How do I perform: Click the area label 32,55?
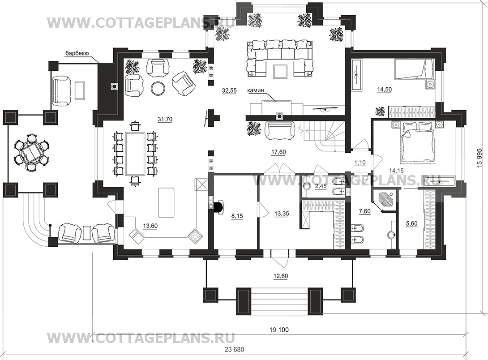click(229, 90)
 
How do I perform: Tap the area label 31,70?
click(165, 119)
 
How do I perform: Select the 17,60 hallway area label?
click(278, 152)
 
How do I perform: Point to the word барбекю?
click(77, 53)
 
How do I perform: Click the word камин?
click(256, 90)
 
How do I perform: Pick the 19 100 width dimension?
click(279, 330)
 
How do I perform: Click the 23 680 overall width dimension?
click(234, 349)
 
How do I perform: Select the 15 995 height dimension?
click(479, 158)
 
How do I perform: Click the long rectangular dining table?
click(135, 154)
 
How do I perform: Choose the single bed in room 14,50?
click(414, 69)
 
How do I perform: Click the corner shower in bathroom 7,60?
click(385, 201)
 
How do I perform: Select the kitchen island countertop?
click(166, 202)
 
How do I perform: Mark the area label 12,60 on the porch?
click(280, 276)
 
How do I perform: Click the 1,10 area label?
click(360, 163)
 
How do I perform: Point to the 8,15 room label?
click(237, 216)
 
